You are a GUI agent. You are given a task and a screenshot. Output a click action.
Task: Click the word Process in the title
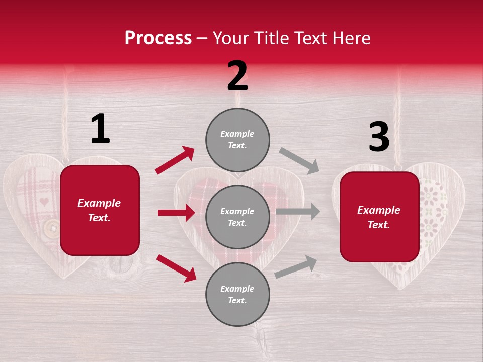(x=158, y=38)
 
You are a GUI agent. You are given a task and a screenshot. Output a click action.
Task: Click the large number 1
(x=100, y=129)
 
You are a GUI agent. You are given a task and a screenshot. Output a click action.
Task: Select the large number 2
(x=237, y=76)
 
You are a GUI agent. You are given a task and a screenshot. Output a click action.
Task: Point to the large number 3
(x=379, y=137)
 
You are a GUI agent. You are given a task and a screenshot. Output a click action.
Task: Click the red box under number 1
(x=100, y=210)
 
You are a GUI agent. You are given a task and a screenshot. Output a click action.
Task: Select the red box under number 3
(x=379, y=217)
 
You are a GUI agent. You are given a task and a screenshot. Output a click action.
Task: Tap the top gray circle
(x=237, y=140)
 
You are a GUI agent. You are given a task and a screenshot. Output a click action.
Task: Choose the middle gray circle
(x=237, y=217)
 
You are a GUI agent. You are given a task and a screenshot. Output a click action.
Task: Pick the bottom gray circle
(x=237, y=294)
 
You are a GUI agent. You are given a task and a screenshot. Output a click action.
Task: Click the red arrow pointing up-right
(x=175, y=160)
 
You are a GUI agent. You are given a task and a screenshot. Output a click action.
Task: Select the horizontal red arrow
(x=176, y=213)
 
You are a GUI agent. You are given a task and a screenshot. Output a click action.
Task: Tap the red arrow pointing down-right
(x=176, y=267)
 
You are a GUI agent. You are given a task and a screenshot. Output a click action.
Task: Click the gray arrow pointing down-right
(x=299, y=160)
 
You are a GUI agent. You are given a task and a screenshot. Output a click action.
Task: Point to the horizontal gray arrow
(x=298, y=212)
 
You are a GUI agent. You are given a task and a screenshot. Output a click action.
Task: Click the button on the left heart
(x=51, y=228)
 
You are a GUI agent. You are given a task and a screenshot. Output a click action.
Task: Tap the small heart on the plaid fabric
(x=44, y=202)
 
